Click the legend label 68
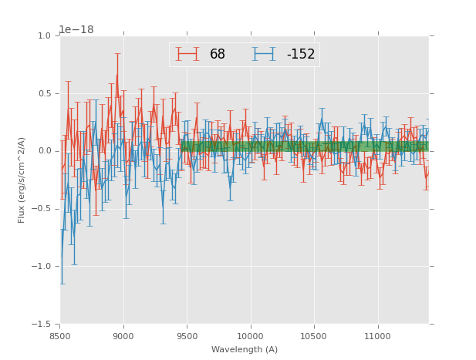pyautogui.click(x=218, y=54)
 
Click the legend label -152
pyautogui.click(x=300, y=54)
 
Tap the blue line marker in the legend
pyautogui.click(x=265, y=54)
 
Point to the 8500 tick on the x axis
pyautogui.click(x=60, y=337)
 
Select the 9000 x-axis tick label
pyautogui.click(x=123, y=337)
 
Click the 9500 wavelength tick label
pyautogui.click(x=187, y=337)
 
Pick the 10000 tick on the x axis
pyautogui.click(x=250, y=337)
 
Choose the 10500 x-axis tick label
pyautogui.click(x=314, y=337)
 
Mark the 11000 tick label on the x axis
pyautogui.click(x=377, y=337)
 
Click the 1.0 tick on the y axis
pyautogui.click(x=43, y=36)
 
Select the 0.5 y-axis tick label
pyautogui.click(x=43, y=94)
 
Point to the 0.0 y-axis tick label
pyautogui.click(x=43, y=151)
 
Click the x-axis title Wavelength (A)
pyautogui.click(x=245, y=349)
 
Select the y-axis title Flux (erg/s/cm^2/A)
pyautogui.click(x=22, y=180)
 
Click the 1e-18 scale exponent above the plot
pyautogui.click(x=76, y=29)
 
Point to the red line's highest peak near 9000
pyautogui.click(x=117, y=75)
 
